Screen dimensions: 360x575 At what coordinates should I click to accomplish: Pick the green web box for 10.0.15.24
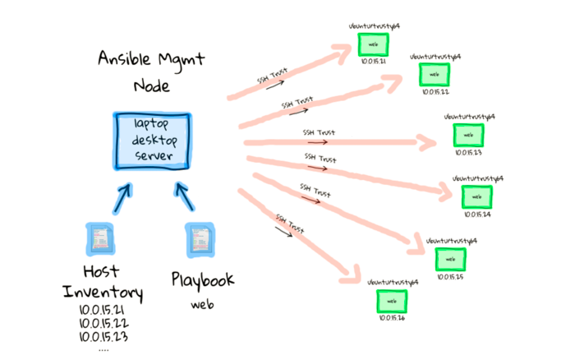coord(476,196)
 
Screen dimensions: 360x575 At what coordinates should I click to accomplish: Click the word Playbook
coord(202,280)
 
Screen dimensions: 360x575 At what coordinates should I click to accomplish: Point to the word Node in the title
coord(153,85)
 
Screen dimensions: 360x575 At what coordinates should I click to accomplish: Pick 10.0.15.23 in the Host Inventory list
coord(103,335)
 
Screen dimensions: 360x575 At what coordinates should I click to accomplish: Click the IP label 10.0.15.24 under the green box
coord(476,215)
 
